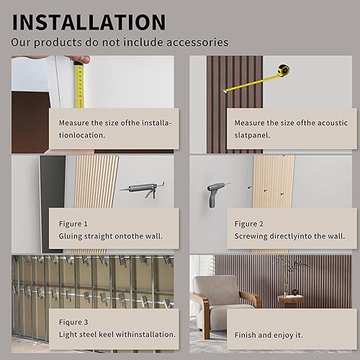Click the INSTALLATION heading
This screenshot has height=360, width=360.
point(89,21)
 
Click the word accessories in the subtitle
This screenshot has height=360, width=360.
point(196,42)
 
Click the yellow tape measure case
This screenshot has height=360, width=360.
point(281,71)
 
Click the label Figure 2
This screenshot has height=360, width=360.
point(249,224)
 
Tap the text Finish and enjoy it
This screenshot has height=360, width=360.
point(270,334)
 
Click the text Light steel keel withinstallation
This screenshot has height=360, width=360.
point(117,333)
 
